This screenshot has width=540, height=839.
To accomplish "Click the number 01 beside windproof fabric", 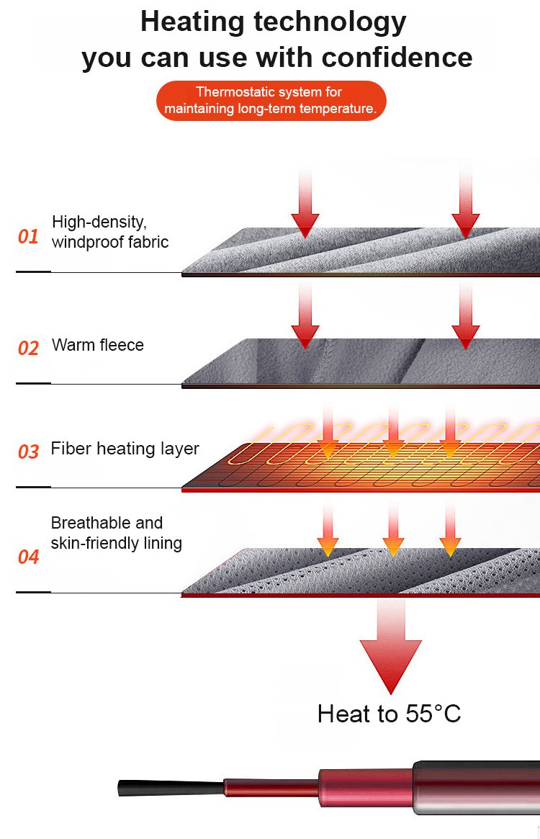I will coord(28,236).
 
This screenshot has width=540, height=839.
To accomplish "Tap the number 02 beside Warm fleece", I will coord(28,349).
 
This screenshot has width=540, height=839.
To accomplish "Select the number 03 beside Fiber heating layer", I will coord(28,452).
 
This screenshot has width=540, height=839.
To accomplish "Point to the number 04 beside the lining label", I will coord(28,557).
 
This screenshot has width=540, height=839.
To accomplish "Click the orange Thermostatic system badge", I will coord(271,101).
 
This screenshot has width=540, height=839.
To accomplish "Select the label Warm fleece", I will coord(98,345).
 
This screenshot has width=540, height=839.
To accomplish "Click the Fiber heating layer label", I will coord(125,449).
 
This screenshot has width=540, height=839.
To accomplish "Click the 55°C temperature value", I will coord(433,714).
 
